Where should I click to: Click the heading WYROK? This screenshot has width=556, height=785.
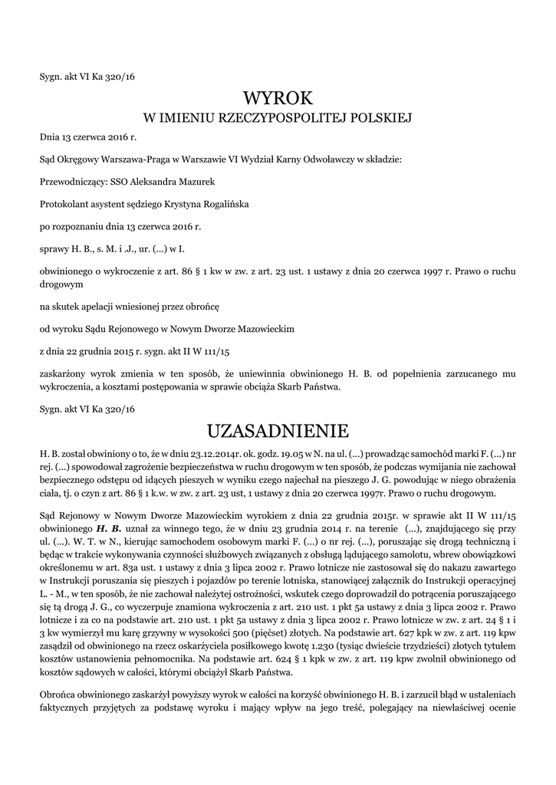pyautogui.click(x=278, y=98)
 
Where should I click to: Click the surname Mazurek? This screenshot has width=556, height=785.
pyautogui.click(x=197, y=182)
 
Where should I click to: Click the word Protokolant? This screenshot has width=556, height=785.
pyautogui.click(x=64, y=205)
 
